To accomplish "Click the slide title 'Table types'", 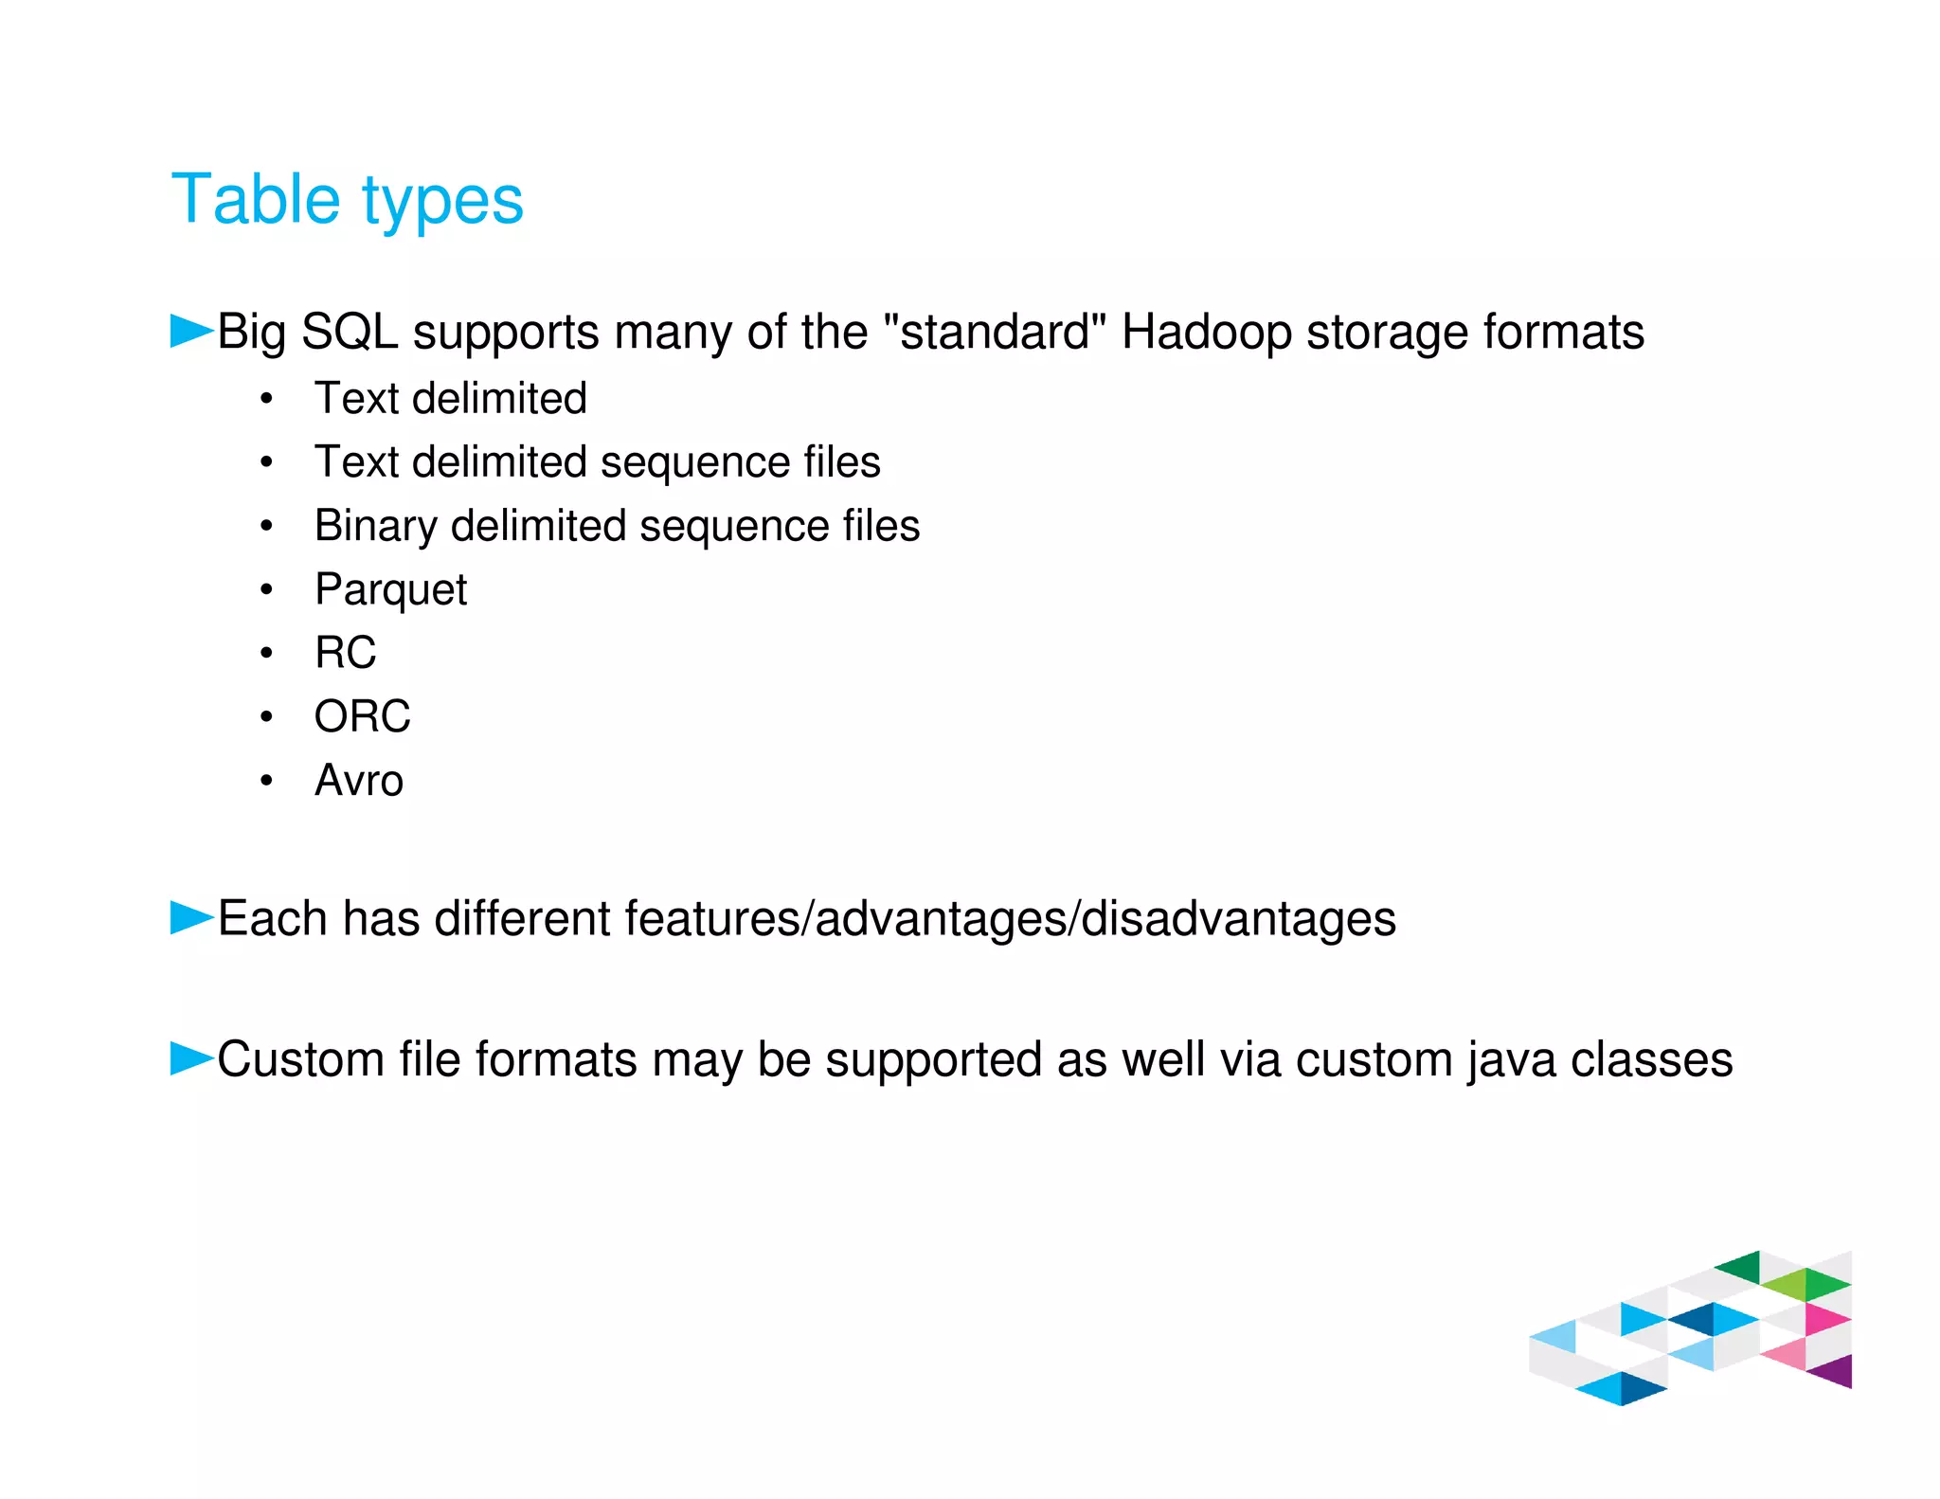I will pyautogui.click(x=347, y=200).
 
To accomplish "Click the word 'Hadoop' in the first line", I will pyautogui.click(x=1206, y=333).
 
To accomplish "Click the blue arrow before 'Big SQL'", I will pyautogui.click(x=191, y=331).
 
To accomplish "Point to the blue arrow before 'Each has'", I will pyautogui.click(x=191, y=917).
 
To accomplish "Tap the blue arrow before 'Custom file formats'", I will pyautogui.click(x=191, y=1057).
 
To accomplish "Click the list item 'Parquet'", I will pyautogui.click(x=390, y=590).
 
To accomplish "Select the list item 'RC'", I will pyautogui.click(x=345, y=653).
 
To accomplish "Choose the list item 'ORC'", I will pyautogui.click(x=362, y=716).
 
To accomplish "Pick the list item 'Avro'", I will pyautogui.click(x=359, y=781).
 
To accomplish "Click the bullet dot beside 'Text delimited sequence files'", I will pyautogui.click(x=267, y=463).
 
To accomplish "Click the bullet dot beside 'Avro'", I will pyautogui.click(x=267, y=781).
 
